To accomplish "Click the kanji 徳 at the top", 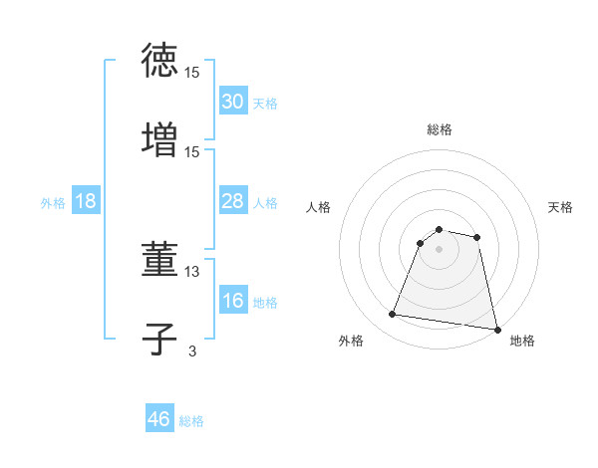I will pos(159,61).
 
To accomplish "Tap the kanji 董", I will pos(159,261).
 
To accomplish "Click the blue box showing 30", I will pos(232,102).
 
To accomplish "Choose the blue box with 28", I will pos(232,201).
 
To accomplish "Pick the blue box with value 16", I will pos(232,301).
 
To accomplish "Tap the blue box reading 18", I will pos(86,201).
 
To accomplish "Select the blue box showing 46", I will pos(159,419).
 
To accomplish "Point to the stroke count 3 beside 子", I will pos(192,350).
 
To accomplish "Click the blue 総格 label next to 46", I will pos(191,421).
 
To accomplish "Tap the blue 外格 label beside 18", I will pos(53,203).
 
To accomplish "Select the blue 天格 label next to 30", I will pos(264,104).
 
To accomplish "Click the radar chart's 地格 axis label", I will pos(522,341).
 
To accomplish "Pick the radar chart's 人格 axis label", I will pos(319,207).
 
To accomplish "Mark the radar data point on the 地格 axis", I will pos(496,329).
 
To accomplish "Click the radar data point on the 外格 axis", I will pos(393,315).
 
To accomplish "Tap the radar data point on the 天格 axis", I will pos(477,237).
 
